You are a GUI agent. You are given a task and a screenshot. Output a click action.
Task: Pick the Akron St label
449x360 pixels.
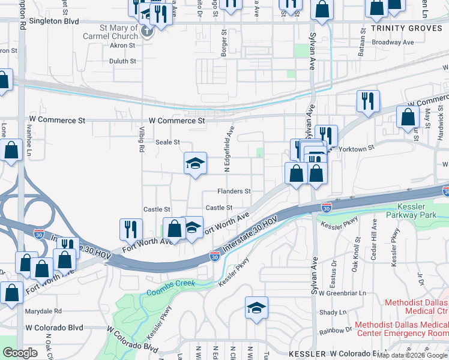point(124,46)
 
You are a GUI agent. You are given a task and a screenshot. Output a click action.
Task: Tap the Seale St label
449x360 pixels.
point(168,142)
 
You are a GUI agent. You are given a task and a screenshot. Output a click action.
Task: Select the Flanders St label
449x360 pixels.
point(234,191)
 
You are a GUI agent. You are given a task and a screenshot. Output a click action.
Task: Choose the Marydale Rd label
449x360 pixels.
point(43,311)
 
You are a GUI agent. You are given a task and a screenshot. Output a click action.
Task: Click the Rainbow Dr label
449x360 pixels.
point(336,331)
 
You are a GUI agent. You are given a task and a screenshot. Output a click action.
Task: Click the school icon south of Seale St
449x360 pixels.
point(195,163)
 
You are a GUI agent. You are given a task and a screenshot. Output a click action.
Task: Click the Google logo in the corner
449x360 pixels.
point(20,353)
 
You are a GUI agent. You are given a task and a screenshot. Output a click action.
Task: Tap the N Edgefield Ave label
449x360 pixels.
point(228,149)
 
